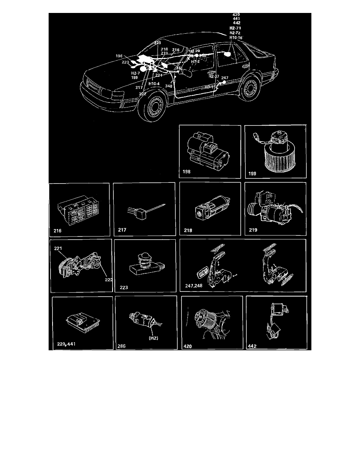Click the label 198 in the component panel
(186, 171)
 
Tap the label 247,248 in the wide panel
(195, 286)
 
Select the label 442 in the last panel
(253, 346)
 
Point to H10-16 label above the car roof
(236, 38)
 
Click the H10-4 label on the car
(154, 84)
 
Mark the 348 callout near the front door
(169, 86)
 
